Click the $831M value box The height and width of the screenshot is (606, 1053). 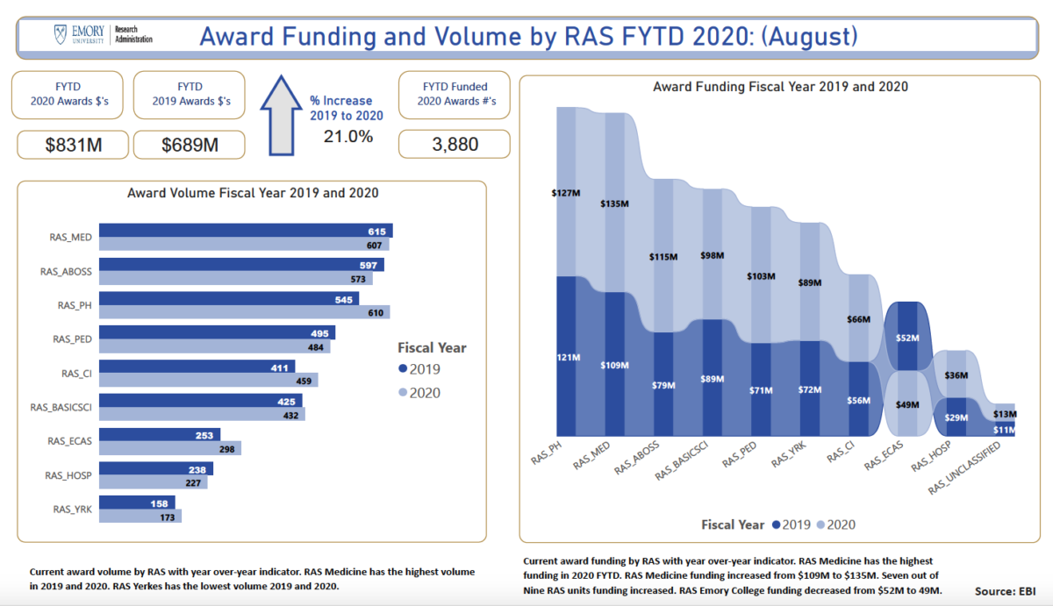tap(73, 145)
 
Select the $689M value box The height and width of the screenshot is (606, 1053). tap(190, 145)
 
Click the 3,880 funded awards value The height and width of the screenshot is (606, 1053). tap(454, 144)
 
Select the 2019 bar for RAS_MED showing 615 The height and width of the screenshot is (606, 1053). tap(245, 231)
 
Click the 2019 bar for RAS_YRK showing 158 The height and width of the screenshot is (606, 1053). tap(137, 503)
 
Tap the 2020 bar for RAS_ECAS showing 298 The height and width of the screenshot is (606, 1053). tap(170, 448)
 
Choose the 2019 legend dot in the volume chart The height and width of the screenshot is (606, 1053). tap(403, 369)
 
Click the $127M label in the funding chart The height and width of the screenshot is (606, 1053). tap(566, 191)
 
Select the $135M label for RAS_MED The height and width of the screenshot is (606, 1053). tap(614, 203)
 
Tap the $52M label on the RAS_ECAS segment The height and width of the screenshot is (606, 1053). tap(907, 338)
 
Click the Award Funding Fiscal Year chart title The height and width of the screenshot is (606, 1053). tap(780, 87)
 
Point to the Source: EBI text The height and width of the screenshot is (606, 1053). tap(1007, 590)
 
